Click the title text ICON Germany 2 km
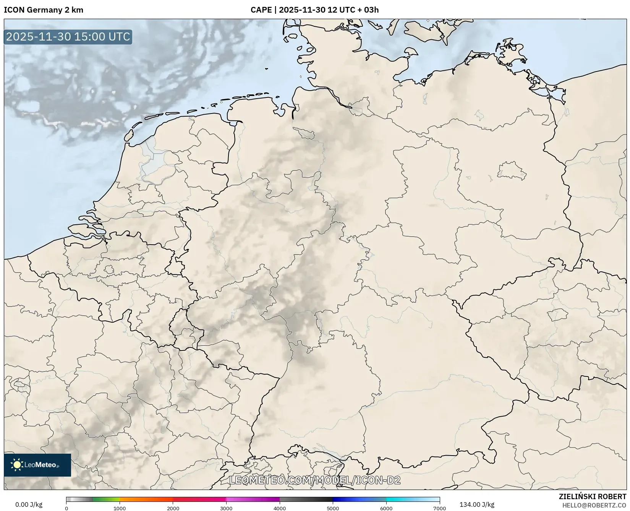pos(43,10)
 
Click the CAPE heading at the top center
pos(314,10)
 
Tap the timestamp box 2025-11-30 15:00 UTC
pos(68,37)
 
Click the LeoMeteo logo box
pos(37,465)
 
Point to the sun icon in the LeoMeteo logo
pos(17,465)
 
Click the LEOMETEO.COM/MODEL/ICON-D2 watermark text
pos(314,480)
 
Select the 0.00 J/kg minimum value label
pos(29,505)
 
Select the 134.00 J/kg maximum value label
pos(476,505)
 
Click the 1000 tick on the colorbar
pos(120,508)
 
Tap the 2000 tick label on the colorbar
pos(173,508)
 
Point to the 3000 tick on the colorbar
pos(226,508)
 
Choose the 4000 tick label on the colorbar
pos(280,508)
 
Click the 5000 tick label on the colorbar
pos(333,508)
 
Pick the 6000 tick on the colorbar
pos(386,508)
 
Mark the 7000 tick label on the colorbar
pos(439,508)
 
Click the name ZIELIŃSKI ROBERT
pos(592,497)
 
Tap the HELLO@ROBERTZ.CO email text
pos(594,505)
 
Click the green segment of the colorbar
pos(106,499)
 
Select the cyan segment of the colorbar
pos(413,499)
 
